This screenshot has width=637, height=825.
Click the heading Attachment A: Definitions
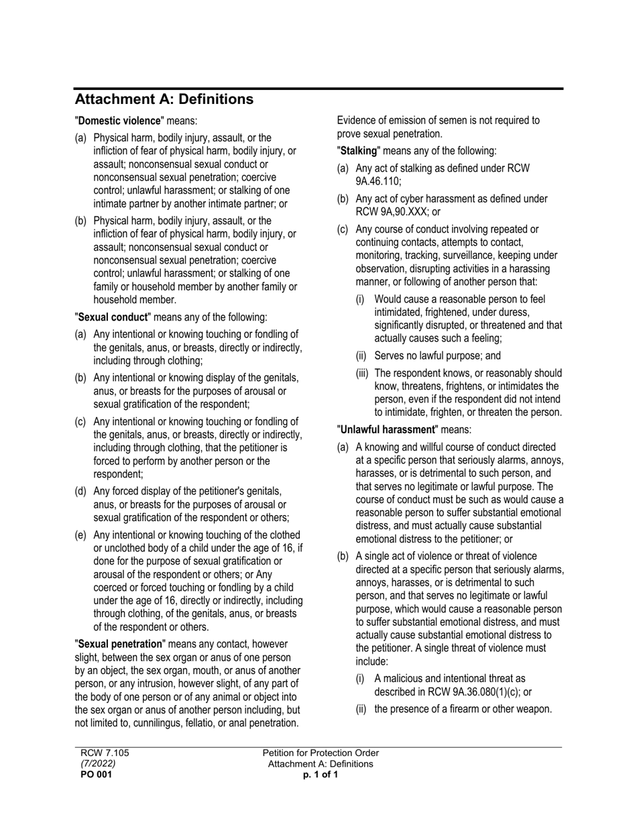(x=164, y=99)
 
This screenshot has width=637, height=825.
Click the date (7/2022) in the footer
(x=98, y=763)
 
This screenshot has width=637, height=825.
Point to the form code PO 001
(x=97, y=775)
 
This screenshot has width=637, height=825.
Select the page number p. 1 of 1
(x=321, y=775)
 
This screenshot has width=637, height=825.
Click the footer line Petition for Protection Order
(x=321, y=753)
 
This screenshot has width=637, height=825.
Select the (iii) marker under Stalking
(x=363, y=373)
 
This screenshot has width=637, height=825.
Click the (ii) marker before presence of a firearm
(x=361, y=709)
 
